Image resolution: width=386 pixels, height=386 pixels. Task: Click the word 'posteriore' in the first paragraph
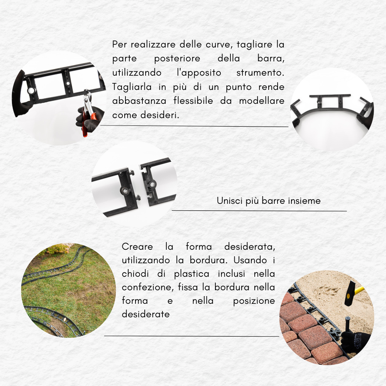pyautogui.click(x=177, y=59)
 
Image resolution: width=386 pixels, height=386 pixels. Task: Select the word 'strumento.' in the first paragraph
pyautogui.click(x=260, y=73)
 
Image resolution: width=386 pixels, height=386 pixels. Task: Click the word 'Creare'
pyautogui.click(x=137, y=247)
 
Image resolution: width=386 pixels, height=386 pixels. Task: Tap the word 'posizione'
pyautogui.click(x=254, y=301)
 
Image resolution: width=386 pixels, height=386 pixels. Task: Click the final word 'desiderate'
pyautogui.click(x=146, y=314)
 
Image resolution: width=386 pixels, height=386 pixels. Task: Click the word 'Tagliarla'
pyautogui.click(x=132, y=87)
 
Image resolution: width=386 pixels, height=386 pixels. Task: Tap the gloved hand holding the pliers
pyautogui.click(x=89, y=119)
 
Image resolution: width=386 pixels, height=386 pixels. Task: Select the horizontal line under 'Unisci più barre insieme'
pyautogui.click(x=259, y=211)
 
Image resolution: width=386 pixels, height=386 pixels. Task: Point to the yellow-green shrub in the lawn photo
pyautogui.click(x=57, y=249)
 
